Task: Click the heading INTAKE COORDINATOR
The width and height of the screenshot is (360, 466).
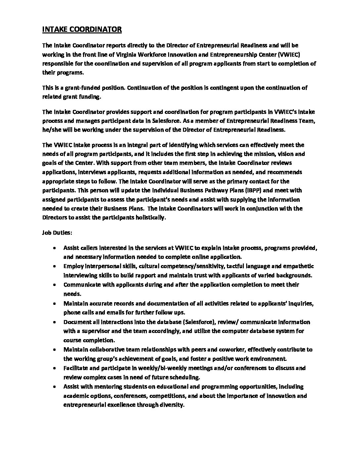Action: click(x=82, y=29)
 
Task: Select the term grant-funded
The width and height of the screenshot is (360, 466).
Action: click(x=78, y=88)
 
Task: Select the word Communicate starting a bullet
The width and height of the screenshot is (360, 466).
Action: click(x=79, y=285)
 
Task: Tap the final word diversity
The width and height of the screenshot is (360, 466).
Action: click(x=171, y=405)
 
